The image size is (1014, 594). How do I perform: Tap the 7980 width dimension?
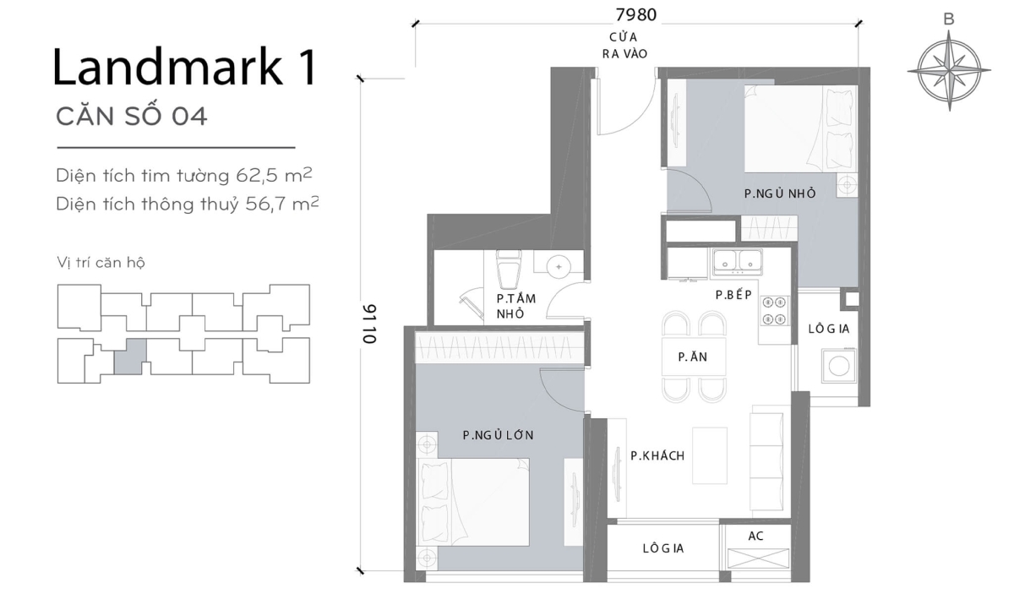[x=635, y=14]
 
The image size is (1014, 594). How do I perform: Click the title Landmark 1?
[x=184, y=68]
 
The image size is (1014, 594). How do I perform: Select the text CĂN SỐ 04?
[x=131, y=117]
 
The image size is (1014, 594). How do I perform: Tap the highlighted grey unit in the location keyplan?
[x=129, y=356]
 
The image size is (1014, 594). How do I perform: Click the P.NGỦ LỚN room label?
[x=498, y=435]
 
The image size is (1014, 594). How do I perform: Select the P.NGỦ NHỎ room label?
[x=779, y=193]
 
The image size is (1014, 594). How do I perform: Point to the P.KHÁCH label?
[x=657, y=456]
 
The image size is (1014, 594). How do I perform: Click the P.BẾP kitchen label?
[x=733, y=295]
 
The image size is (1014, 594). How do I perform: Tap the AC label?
[x=756, y=537]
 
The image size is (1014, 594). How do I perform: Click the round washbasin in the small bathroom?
[x=559, y=266]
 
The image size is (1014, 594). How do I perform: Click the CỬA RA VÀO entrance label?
[x=622, y=46]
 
